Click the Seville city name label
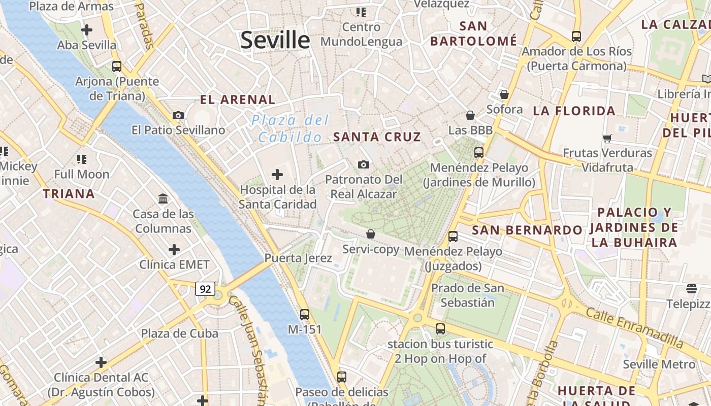tap(275, 40)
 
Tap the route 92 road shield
tap(205, 289)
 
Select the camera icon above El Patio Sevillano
tap(178, 115)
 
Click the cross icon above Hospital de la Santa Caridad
tap(277, 175)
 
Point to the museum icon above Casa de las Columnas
tap(163, 198)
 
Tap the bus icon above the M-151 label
tap(305, 315)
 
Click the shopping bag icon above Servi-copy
tap(371, 234)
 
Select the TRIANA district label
tap(69, 194)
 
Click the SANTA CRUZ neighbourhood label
tap(377, 137)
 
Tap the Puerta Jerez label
tap(298, 258)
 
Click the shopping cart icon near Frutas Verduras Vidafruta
tap(607, 138)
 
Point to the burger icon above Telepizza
tap(692, 289)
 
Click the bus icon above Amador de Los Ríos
tap(576, 37)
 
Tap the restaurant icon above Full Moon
tap(81, 159)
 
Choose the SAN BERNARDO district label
tap(527, 230)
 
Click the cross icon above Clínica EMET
tap(174, 250)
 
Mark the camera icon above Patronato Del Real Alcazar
tap(363, 164)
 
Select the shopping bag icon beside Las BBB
tap(470, 115)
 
